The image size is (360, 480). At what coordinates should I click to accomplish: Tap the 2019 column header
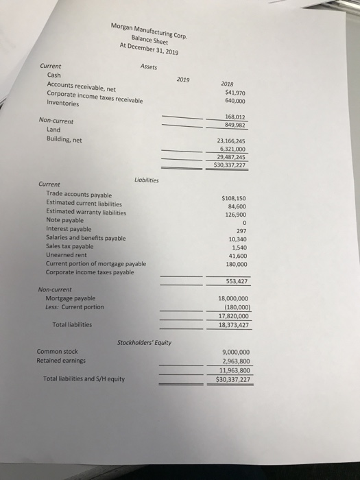tap(183, 79)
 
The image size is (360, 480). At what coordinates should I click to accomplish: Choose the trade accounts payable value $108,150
tap(235, 198)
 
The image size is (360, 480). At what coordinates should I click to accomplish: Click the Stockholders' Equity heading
tap(144, 341)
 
